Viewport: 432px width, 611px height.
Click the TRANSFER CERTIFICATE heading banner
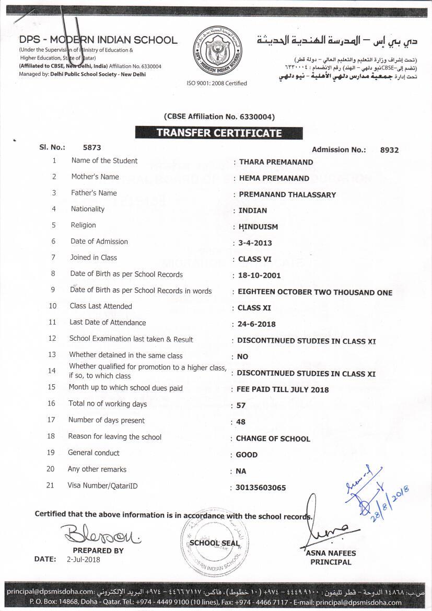point(216,133)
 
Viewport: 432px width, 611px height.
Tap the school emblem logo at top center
point(217,51)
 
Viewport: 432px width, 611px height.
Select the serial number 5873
point(92,148)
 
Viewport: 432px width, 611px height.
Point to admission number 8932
point(389,150)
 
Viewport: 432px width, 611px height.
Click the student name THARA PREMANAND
point(276,162)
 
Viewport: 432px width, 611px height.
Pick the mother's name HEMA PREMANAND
point(274,178)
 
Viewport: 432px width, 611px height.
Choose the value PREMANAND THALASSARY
point(287,194)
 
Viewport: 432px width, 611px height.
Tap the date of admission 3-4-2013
point(255,243)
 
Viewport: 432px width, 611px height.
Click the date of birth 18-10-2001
point(260,275)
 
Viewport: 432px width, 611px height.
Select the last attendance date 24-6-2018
point(256,324)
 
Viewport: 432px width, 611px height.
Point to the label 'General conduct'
point(94,453)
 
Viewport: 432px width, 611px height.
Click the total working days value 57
point(241,406)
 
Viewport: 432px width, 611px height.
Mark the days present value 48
point(241,422)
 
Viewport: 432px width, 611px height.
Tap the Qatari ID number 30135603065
point(261,488)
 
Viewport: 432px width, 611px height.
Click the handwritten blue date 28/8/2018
point(390,500)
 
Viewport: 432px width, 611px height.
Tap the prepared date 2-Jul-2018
point(84,559)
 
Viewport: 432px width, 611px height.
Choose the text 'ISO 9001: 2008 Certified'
point(217,83)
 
